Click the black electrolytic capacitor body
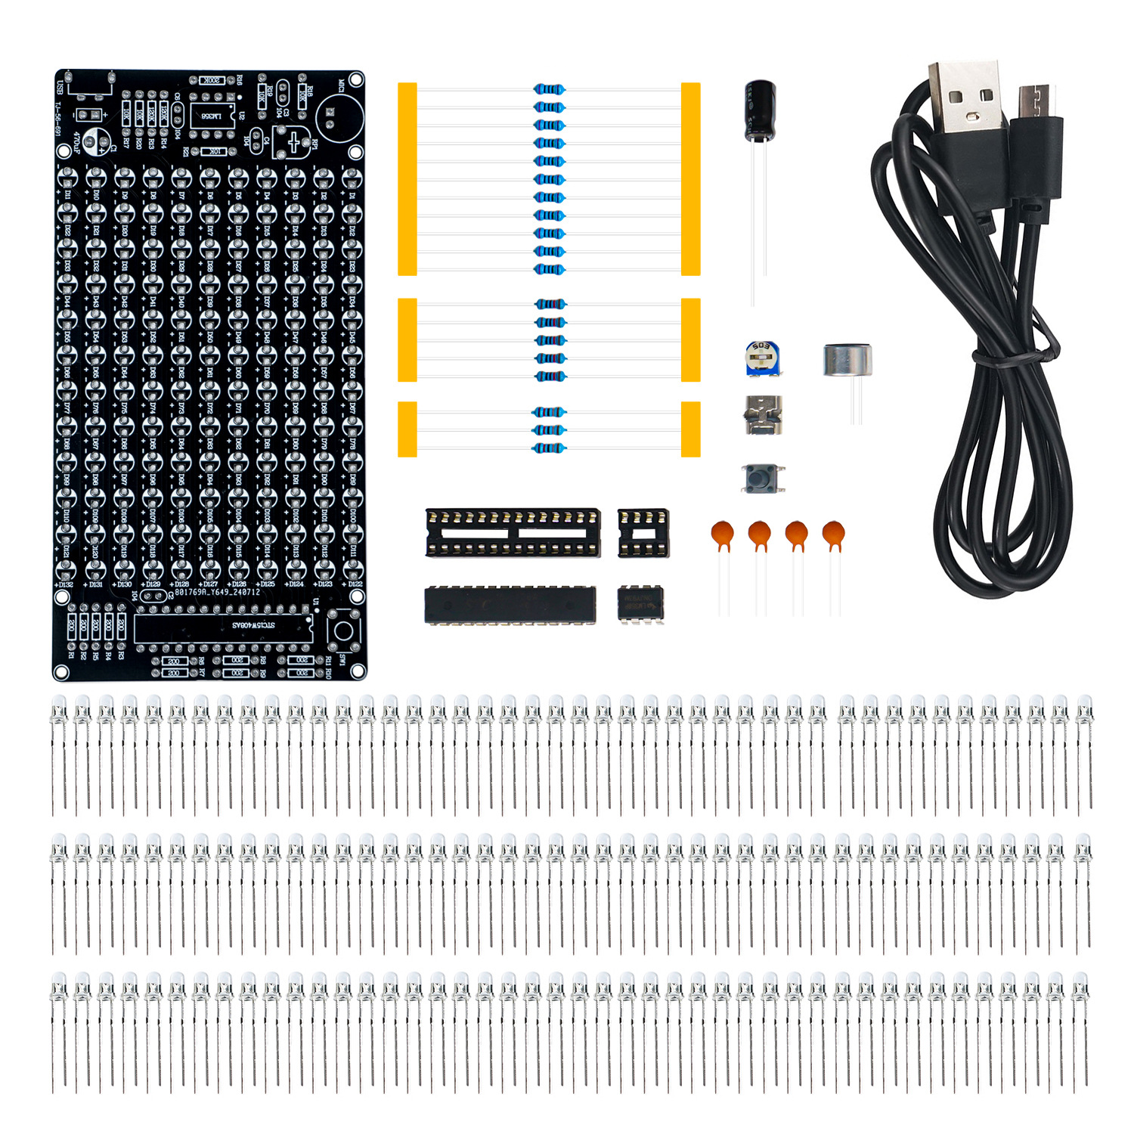click(x=759, y=111)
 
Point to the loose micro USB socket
click(x=763, y=415)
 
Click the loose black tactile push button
click(x=763, y=479)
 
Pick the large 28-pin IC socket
click(x=513, y=533)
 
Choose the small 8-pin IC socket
click(x=643, y=533)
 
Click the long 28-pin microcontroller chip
click(x=510, y=605)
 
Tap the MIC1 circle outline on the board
click(x=339, y=116)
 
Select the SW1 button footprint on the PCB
click(x=344, y=631)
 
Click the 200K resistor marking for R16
click(x=212, y=80)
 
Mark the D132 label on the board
click(x=64, y=584)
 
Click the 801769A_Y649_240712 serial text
click(x=217, y=592)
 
